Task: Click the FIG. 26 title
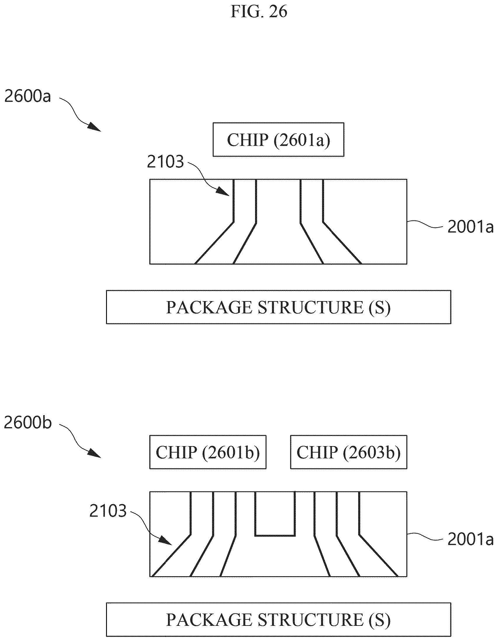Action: pos(259,12)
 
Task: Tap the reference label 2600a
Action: pos(28,96)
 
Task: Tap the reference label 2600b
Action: pos(28,423)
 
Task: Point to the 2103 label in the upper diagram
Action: pos(165,162)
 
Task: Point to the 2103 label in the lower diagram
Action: pos(108,511)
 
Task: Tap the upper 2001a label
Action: pos(470,227)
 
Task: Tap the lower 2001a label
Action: pos(470,539)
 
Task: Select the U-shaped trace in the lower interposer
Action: pos(275,536)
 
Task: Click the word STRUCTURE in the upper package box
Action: pos(311,307)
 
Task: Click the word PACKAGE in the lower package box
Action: pos(209,620)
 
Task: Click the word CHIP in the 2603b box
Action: pos(317,452)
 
